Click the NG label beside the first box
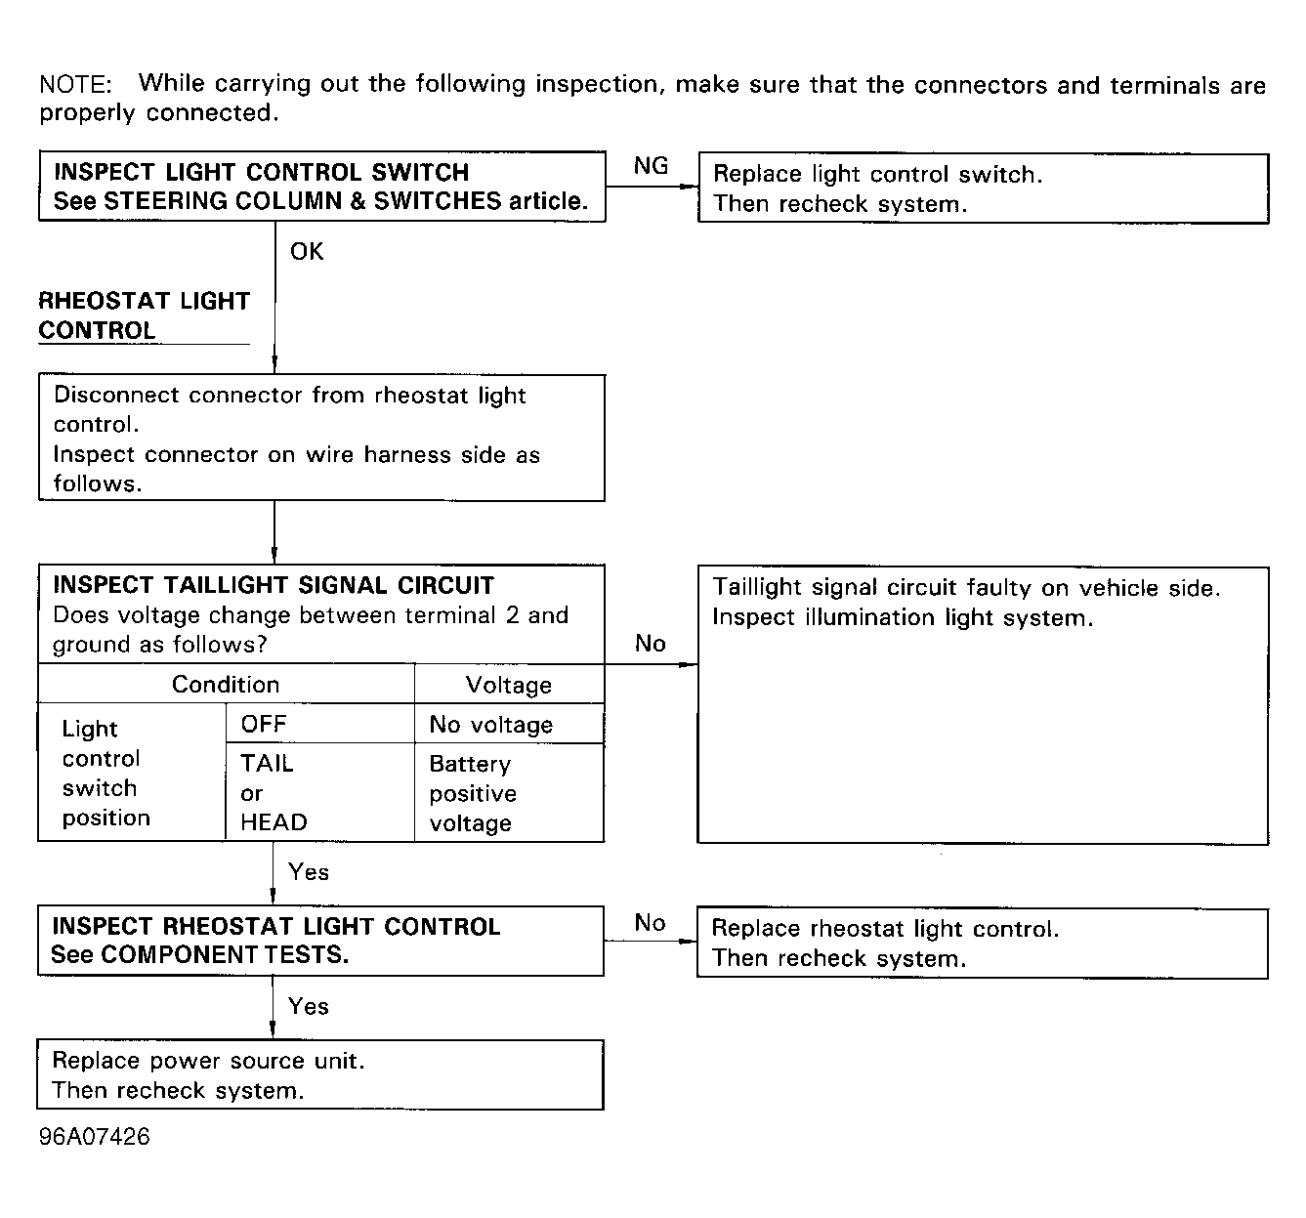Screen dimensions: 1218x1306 [651, 166]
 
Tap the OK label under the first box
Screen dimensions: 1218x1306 [306, 252]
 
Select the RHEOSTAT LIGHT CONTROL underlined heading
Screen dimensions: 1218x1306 [144, 315]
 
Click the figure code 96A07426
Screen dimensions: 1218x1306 [95, 1138]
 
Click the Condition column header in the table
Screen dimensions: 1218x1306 [226, 685]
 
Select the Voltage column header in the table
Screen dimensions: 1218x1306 [509, 686]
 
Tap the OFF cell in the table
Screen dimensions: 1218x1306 [264, 724]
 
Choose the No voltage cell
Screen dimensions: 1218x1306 [490, 725]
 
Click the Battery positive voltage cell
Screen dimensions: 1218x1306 [473, 793]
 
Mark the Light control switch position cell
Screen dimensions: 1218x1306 [105, 774]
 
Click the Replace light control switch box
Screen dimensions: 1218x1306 [983, 189]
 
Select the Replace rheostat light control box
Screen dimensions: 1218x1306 [982, 944]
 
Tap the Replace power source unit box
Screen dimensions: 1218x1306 [320, 1075]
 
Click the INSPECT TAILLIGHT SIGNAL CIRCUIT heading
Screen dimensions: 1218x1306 [274, 585]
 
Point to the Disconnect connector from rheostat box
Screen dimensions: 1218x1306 [321, 439]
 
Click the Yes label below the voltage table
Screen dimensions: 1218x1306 [309, 872]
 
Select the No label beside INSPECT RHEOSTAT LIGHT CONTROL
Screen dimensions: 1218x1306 [650, 923]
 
